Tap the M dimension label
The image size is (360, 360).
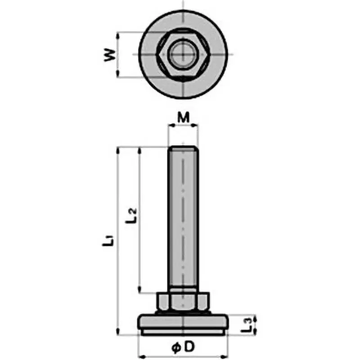pyautogui.click(x=183, y=118)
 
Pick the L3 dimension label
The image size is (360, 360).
pyautogui.click(x=246, y=324)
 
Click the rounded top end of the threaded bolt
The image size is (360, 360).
pyautogui.click(x=183, y=148)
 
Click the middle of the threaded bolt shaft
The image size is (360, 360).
pyautogui.click(x=183, y=220)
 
